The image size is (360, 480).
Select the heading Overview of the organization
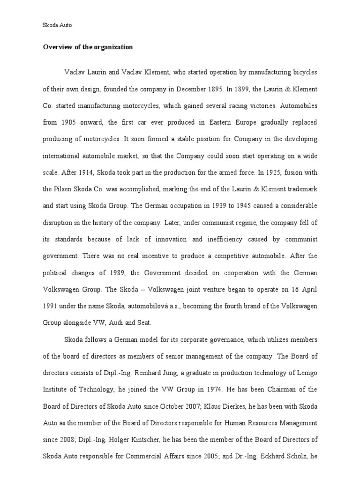click(x=88, y=47)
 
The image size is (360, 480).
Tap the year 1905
click(x=73, y=122)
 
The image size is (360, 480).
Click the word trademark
click(x=300, y=189)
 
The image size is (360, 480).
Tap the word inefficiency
click(x=225, y=239)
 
